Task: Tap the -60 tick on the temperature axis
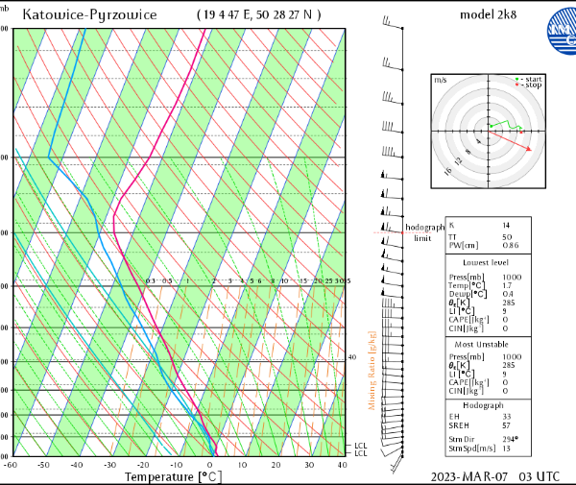click(x=11, y=465)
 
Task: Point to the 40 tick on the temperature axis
click(x=342, y=465)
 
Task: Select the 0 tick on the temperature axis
click(x=209, y=465)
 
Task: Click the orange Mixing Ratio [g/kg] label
click(x=372, y=371)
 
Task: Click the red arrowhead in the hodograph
click(x=529, y=148)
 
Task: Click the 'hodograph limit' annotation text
click(x=424, y=232)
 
